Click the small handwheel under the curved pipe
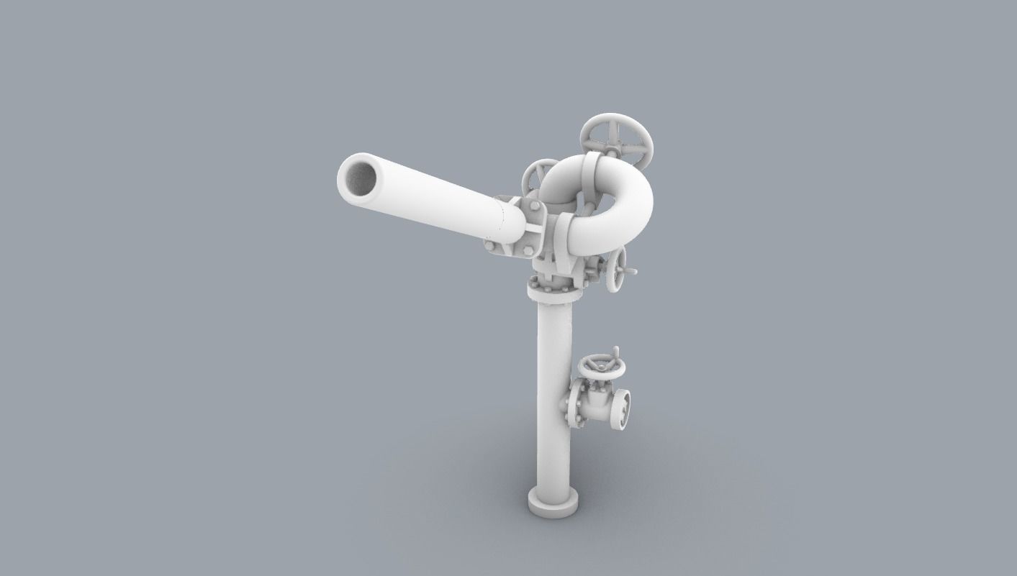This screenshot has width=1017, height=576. [x=615, y=271]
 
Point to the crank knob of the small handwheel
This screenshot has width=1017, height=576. [x=632, y=272]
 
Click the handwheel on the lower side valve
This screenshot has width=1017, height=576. [x=604, y=367]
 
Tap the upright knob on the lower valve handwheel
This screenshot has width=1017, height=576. [x=615, y=352]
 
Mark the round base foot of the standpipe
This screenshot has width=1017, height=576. [x=553, y=501]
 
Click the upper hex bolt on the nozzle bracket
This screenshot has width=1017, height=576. [x=534, y=206]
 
